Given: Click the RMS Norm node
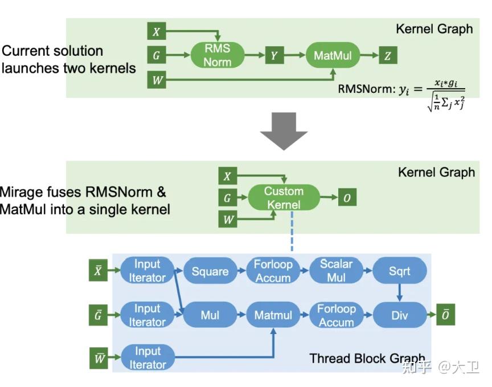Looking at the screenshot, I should pos(217,55).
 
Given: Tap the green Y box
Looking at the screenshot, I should pos(274,55).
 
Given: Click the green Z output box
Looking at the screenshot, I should pos(388,55).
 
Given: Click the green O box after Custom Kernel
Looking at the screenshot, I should pos(347,198).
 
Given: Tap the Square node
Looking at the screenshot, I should pos(210,271).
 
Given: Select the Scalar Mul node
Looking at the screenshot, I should pos(336,271).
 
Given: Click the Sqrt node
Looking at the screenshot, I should pos(399,271).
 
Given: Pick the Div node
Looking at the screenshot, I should pos(399,315).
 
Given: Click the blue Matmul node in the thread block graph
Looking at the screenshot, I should pos(273,315).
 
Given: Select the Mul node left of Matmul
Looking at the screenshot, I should pos(210,315).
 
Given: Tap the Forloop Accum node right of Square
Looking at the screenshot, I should pos(273,271).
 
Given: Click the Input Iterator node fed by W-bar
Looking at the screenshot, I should pos(147,357).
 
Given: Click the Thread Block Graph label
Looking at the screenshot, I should pos(367,359).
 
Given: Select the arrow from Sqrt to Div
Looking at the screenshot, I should pos(399,293).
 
